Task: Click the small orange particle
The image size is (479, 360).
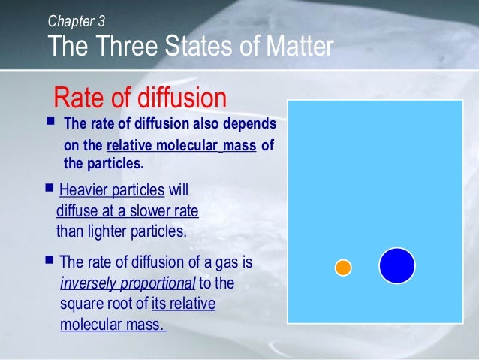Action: [343, 268]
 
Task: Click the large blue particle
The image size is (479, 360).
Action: [396, 265]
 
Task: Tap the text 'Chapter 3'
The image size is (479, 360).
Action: [76, 20]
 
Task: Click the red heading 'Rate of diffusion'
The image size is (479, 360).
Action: [140, 98]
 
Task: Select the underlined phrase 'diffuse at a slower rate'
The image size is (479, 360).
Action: [127, 210]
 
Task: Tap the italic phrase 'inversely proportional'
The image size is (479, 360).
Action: [127, 283]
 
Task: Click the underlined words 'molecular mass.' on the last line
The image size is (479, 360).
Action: [113, 325]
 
